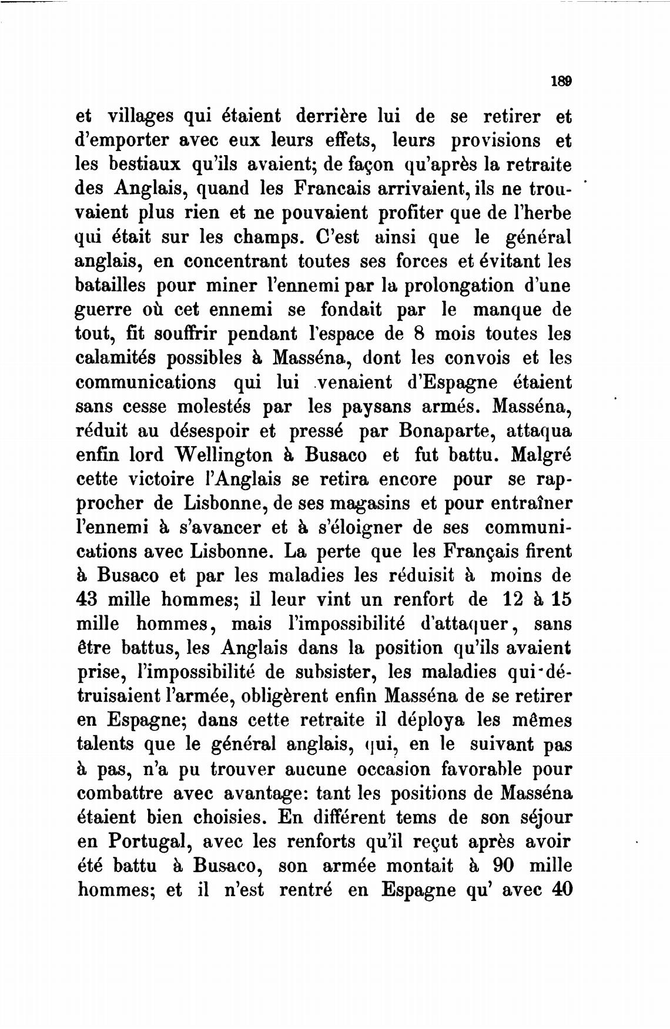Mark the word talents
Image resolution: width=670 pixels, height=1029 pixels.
point(106,744)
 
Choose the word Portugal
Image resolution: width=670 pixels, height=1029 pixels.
point(148,842)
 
